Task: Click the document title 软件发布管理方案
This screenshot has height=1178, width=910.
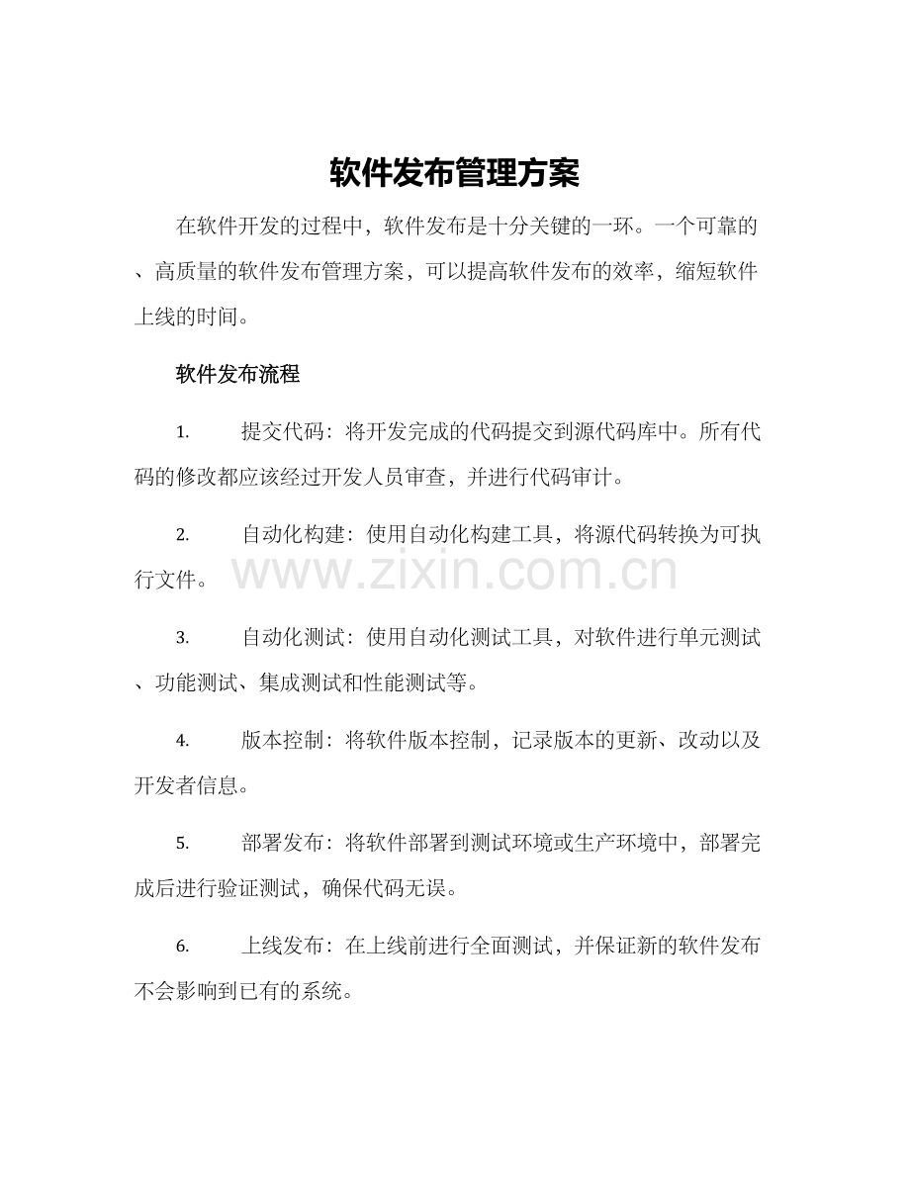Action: (x=454, y=173)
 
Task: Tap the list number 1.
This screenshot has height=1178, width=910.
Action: (x=182, y=432)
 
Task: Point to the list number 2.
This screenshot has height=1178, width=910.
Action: (x=182, y=535)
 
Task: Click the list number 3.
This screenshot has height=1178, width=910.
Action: (x=182, y=638)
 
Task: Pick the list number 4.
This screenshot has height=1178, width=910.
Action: (x=182, y=741)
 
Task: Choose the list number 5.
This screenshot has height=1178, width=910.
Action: (x=182, y=844)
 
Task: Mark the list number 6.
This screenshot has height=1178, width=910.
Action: (x=182, y=947)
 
